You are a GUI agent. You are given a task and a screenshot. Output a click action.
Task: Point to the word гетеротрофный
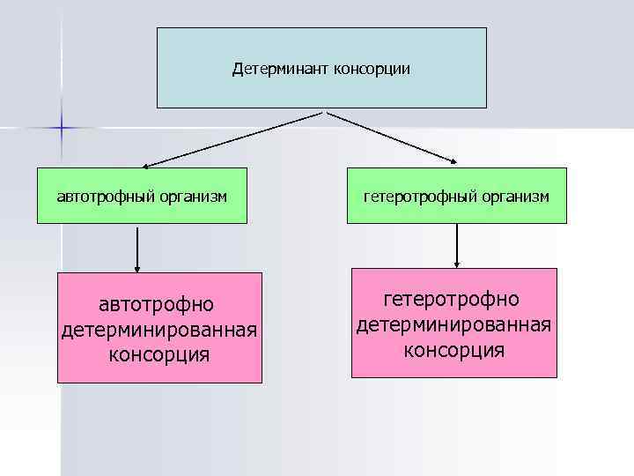(420, 196)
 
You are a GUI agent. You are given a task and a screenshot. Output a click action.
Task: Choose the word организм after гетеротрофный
(515, 196)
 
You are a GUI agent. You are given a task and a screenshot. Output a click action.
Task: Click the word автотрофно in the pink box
(158, 305)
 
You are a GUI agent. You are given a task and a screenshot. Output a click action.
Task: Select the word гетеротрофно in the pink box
(454, 301)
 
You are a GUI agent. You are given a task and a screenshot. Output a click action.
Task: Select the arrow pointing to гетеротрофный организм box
(392, 138)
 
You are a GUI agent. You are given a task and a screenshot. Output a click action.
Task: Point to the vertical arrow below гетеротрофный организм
(457, 245)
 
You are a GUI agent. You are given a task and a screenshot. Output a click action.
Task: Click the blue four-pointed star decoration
(63, 128)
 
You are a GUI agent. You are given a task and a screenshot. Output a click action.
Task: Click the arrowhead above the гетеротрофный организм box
(453, 160)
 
